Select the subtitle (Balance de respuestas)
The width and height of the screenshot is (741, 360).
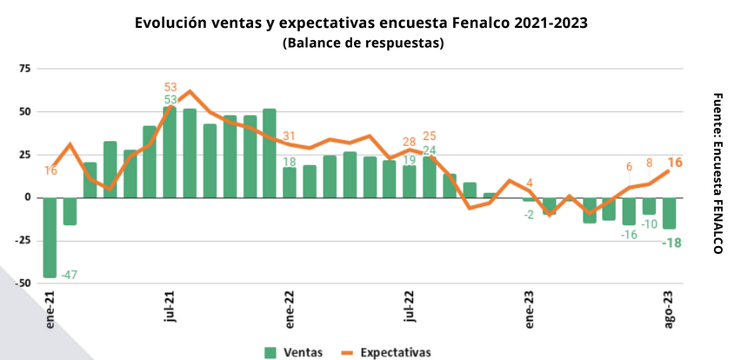point(363,43)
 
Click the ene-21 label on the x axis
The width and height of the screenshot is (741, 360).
point(50,309)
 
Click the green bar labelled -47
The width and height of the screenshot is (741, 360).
point(50,237)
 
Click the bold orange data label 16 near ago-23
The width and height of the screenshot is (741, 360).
point(674,163)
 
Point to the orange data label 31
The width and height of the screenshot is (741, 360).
point(290,136)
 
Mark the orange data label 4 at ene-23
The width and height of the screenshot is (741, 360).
point(530,183)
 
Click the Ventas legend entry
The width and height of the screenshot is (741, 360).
point(294,352)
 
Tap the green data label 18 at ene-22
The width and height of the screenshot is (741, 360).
point(290,162)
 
